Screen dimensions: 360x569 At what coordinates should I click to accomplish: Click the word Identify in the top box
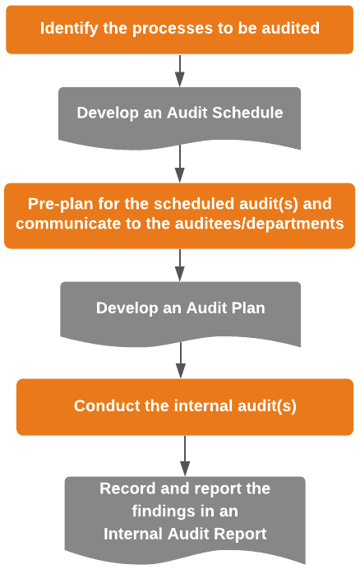(69, 29)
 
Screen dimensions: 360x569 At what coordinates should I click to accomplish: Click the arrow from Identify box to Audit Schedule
(180, 71)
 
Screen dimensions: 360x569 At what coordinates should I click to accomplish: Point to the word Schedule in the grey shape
(247, 113)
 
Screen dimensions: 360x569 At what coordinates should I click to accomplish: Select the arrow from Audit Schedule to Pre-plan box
(180, 164)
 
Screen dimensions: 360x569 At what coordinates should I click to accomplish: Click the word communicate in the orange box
(68, 224)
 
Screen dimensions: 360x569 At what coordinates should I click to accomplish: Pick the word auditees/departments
(259, 224)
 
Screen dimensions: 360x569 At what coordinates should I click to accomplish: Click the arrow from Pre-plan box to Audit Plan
(180, 266)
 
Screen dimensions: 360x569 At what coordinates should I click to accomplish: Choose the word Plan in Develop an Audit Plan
(248, 308)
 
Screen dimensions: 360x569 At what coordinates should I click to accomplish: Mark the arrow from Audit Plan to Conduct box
(180, 360)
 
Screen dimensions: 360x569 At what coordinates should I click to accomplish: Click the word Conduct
(107, 405)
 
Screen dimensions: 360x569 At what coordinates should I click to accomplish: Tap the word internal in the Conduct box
(203, 405)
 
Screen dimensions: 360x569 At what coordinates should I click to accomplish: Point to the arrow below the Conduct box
(185, 456)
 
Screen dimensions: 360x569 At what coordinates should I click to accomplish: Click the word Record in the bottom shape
(127, 488)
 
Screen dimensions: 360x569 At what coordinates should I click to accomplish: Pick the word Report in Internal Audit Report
(240, 534)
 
